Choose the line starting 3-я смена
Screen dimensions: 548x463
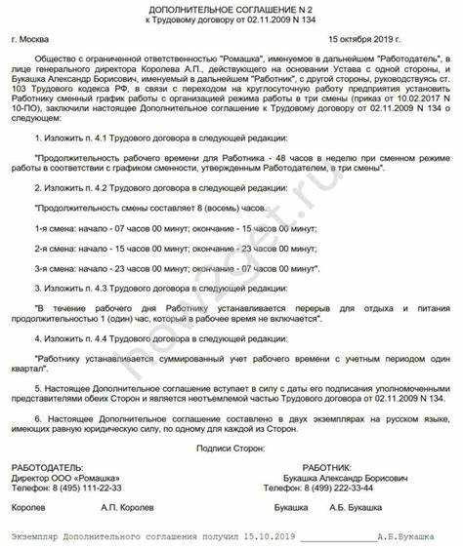(176, 265)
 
